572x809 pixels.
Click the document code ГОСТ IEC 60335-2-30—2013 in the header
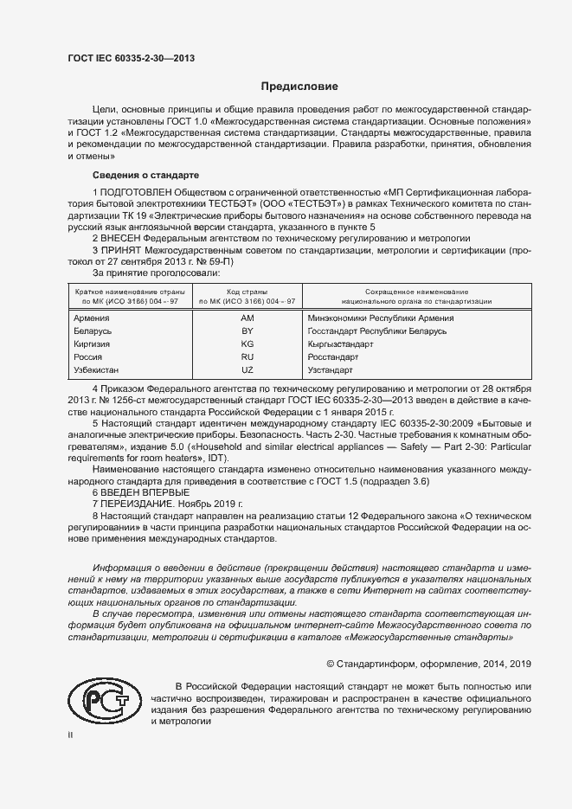click(x=131, y=59)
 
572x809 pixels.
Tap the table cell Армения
click(x=93, y=318)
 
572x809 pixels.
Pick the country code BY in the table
click(x=247, y=331)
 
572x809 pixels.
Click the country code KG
click(x=247, y=344)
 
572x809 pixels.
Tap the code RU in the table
click(x=247, y=356)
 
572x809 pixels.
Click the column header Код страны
click(x=247, y=292)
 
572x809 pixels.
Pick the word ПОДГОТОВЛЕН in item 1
click(x=135, y=191)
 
